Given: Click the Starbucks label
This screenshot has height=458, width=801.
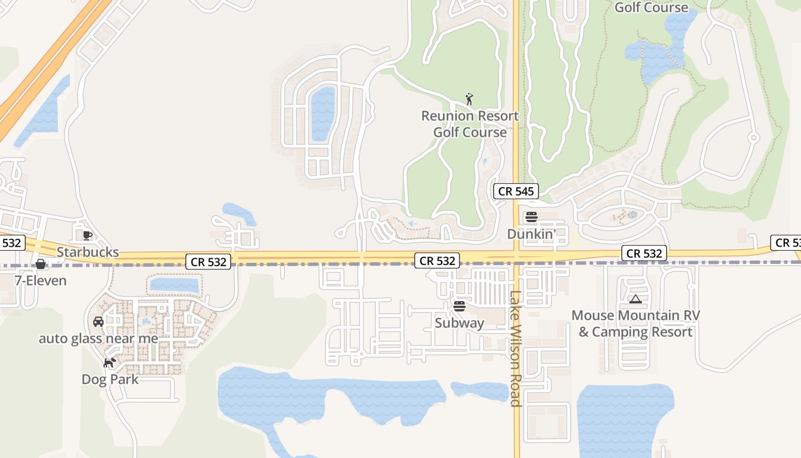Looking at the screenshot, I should pyautogui.click(x=88, y=252).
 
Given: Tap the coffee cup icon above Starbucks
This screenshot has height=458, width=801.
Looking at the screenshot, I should pyautogui.click(x=87, y=235).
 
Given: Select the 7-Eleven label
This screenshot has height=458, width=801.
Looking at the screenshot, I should pyautogui.click(x=41, y=281).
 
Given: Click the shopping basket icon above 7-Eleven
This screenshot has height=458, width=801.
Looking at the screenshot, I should pyautogui.click(x=41, y=264).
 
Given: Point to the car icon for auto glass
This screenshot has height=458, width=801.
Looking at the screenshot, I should pyautogui.click(x=98, y=322).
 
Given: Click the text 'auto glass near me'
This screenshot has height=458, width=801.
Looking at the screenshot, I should pyautogui.click(x=98, y=338).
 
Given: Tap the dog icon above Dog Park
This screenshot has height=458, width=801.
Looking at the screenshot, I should pyautogui.click(x=109, y=362).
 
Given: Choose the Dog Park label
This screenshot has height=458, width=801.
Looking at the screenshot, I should pyautogui.click(x=110, y=379).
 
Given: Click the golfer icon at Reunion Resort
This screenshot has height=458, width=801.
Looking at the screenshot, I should pyautogui.click(x=469, y=99).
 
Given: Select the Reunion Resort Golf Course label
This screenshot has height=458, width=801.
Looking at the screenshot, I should pyautogui.click(x=470, y=124).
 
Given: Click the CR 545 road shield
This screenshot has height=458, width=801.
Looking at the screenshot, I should pyautogui.click(x=516, y=191).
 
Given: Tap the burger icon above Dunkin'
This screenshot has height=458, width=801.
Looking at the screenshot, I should pyautogui.click(x=532, y=217).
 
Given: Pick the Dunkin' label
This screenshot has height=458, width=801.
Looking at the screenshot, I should pyautogui.click(x=532, y=234).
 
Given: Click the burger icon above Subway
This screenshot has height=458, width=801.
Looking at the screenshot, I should pyautogui.click(x=459, y=306).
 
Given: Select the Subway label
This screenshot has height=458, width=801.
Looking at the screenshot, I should pyautogui.click(x=459, y=323).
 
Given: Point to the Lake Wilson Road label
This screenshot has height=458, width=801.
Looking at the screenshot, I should pyautogui.click(x=516, y=349).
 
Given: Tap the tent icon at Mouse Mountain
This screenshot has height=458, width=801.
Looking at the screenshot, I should pyautogui.click(x=635, y=299).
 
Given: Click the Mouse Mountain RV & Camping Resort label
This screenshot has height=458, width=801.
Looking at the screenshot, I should pyautogui.click(x=635, y=323).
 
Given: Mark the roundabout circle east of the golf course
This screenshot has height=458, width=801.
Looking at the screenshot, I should pyautogui.click(x=754, y=137).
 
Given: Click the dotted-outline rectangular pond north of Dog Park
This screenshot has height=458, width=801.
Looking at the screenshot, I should pyautogui.click(x=174, y=285).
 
